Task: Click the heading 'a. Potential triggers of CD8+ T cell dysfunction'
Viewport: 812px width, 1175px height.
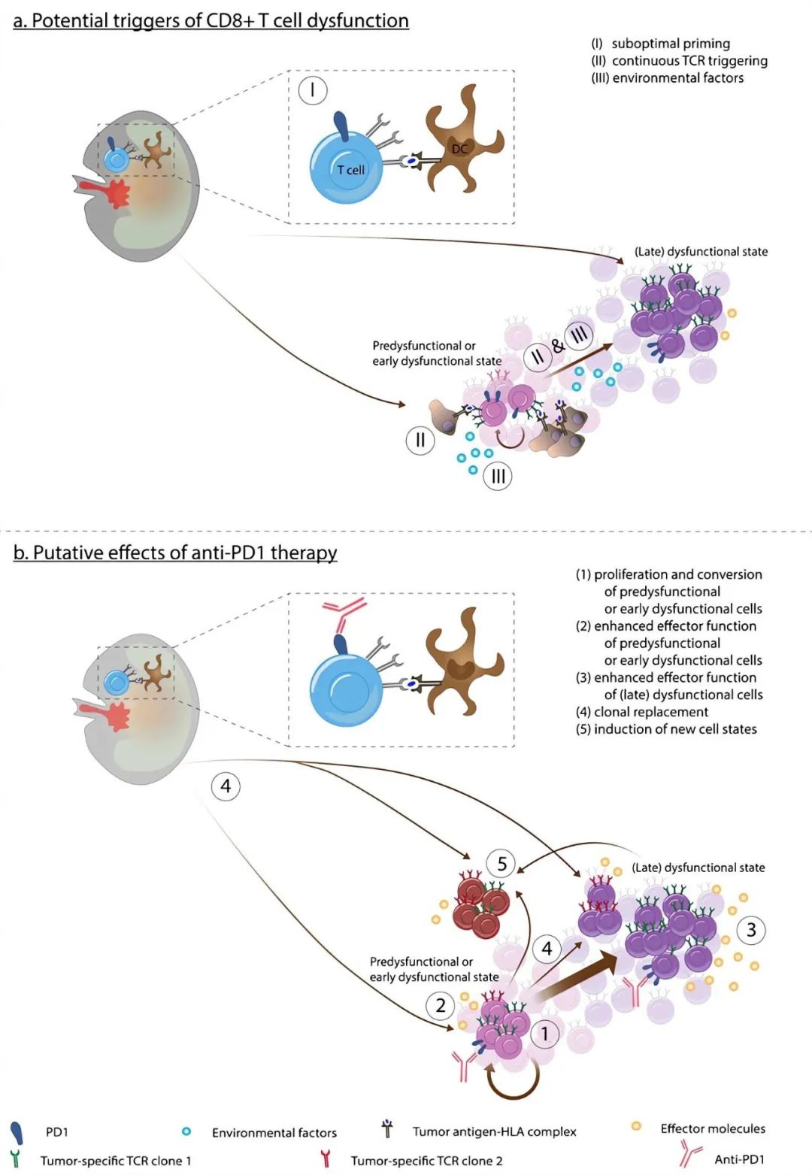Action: (211, 20)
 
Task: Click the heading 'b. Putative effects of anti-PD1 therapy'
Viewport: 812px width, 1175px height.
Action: (174, 553)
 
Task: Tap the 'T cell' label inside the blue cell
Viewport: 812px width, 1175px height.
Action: (350, 170)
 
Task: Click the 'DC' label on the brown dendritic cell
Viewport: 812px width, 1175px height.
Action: (459, 149)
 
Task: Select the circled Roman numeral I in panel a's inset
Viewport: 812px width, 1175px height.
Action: (312, 91)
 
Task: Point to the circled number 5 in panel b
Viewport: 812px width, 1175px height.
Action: (501, 864)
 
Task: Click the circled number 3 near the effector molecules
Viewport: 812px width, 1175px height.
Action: (751, 930)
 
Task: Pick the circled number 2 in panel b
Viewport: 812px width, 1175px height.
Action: (441, 1005)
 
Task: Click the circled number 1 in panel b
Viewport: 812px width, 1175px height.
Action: (545, 1034)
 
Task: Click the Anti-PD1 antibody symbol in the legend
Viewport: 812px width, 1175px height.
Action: (689, 1153)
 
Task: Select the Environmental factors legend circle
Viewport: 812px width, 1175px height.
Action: (186, 1131)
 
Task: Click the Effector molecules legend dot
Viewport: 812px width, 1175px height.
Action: (636, 1126)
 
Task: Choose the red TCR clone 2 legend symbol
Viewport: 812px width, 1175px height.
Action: (326, 1158)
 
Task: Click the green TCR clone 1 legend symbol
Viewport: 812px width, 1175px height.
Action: (14, 1158)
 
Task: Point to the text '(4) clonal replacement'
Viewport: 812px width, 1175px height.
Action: (641, 712)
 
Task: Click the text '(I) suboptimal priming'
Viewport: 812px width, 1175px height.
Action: (660, 44)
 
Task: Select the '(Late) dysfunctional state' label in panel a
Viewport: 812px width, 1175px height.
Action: (701, 252)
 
